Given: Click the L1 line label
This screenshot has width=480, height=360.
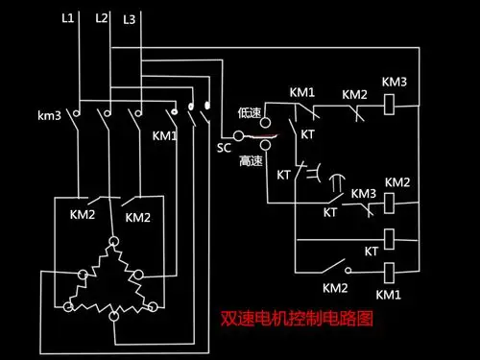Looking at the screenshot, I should pyautogui.click(x=66, y=18).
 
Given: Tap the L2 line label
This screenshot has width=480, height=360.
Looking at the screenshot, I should pyautogui.click(x=102, y=18).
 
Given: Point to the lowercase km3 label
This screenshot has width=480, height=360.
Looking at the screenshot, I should pyautogui.click(x=50, y=116).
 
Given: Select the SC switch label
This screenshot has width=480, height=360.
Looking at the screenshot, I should pyautogui.click(x=223, y=149).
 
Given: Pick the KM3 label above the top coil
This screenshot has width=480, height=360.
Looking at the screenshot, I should pyautogui.click(x=395, y=82).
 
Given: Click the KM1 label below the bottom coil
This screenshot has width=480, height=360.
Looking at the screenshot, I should pyautogui.click(x=388, y=294).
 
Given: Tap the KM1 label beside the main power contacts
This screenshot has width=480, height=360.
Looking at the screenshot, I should pyautogui.click(x=165, y=135).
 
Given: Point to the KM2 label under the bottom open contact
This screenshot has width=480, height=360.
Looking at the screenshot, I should pyautogui.click(x=334, y=287).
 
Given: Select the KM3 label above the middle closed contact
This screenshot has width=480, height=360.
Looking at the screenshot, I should pyautogui.click(x=363, y=193).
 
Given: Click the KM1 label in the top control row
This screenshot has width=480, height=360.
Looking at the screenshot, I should pyautogui.click(x=301, y=92).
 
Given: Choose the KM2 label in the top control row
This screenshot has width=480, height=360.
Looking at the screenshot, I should pyautogui.click(x=354, y=95).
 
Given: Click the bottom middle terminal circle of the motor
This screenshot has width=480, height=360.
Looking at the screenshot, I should pyautogui.click(x=113, y=315).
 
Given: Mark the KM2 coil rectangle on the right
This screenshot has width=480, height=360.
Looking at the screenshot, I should pyautogui.click(x=393, y=204).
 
